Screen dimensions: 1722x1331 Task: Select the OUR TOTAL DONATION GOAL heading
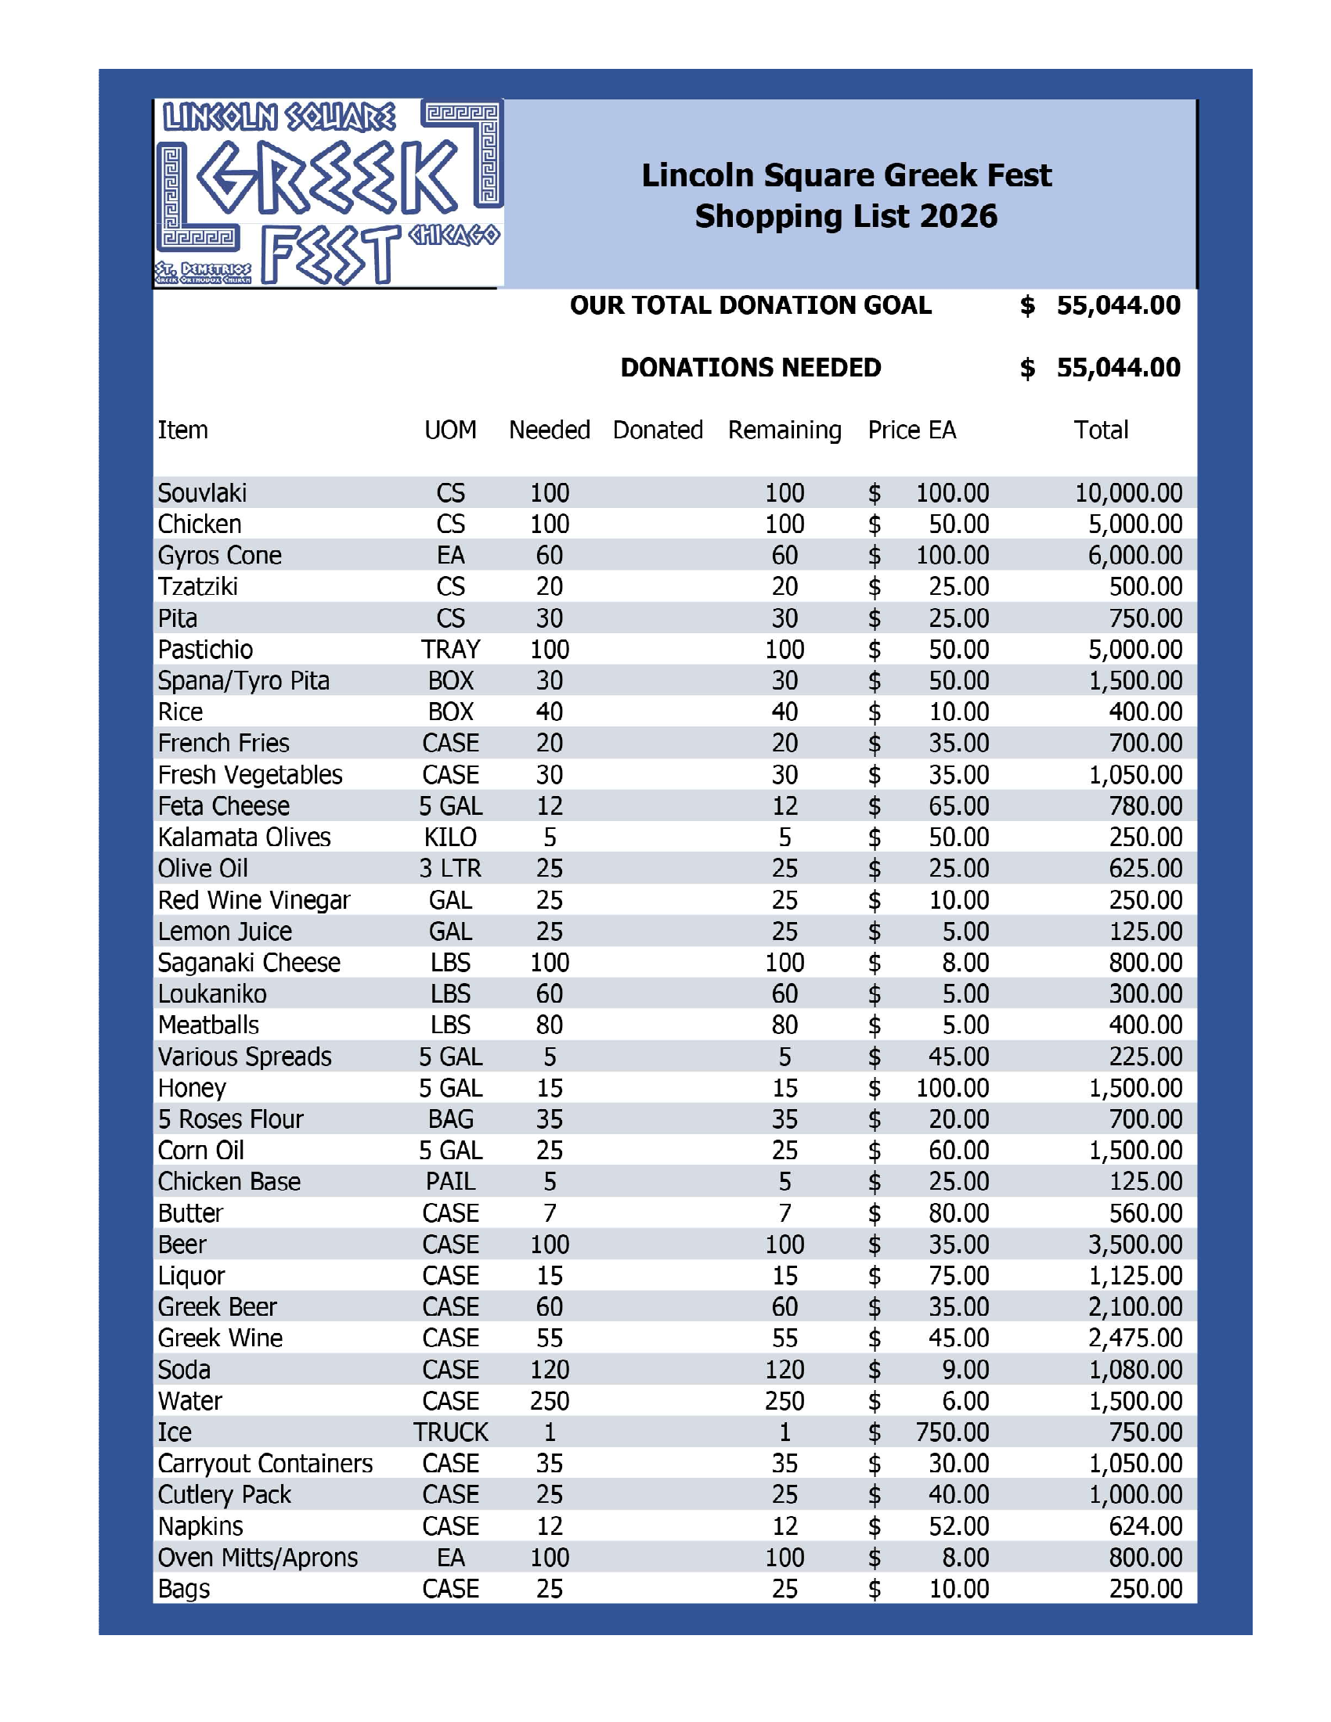tap(750, 305)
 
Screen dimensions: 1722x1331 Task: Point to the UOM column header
tap(450, 430)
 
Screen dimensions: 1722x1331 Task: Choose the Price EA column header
tap(911, 430)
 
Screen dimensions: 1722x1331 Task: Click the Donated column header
tap(658, 430)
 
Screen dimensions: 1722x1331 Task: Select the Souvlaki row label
tap(202, 493)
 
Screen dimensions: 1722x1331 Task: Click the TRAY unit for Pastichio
tap(450, 649)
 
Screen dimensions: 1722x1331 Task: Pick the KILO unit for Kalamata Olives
tap(450, 837)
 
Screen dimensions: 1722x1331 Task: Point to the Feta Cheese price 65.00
tap(958, 805)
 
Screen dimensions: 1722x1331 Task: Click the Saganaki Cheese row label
tap(249, 962)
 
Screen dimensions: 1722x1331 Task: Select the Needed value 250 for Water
tap(549, 1400)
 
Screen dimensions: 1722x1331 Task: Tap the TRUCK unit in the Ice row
tap(450, 1432)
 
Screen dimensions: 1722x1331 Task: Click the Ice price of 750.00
tap(952, 1432)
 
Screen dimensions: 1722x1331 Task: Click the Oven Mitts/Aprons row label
tap(258, 1557)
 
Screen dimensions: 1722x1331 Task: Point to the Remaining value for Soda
tap(785, 1370)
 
